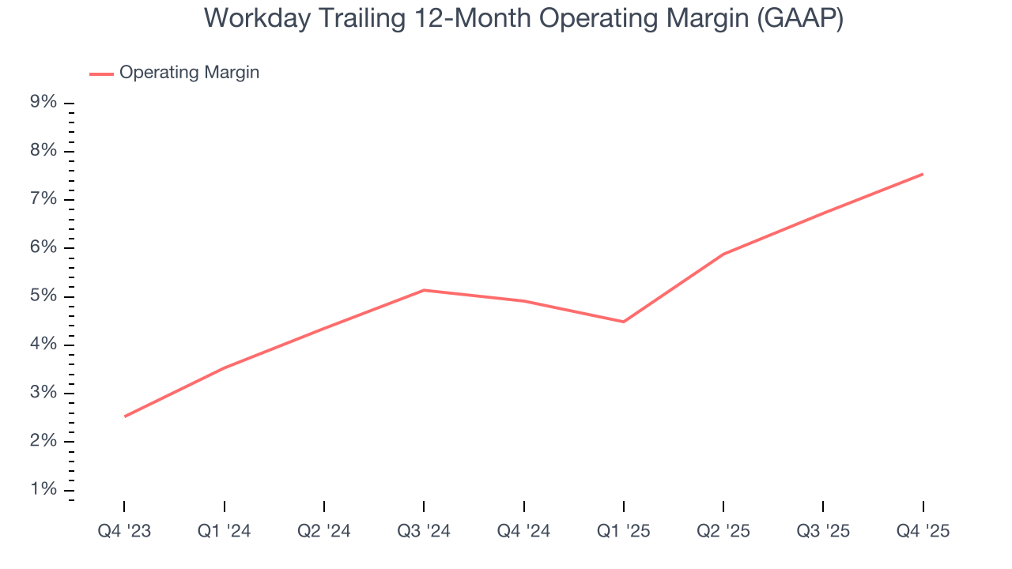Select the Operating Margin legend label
tap(189, 73)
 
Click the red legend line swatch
tap(101, 73)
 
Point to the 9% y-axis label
tap(43, 103)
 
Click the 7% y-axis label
tap(43, 199)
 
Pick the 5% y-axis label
tap(43, 296)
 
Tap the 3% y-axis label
tap(43, 394)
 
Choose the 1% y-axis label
tap(43, 490)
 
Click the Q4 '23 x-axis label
tap(124, 531)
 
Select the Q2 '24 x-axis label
tap(324, 531)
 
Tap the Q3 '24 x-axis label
tap(424, 531)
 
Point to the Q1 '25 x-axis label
tap(624, 531)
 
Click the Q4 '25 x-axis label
tap(923, 531)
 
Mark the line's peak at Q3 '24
tap(424, 290)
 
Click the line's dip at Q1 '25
tap(624, 322)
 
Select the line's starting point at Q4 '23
tap(125, 416)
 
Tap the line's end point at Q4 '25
tap(923, 174)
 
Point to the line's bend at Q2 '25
tap(723, 254)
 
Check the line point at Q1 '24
tap(225, 367)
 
